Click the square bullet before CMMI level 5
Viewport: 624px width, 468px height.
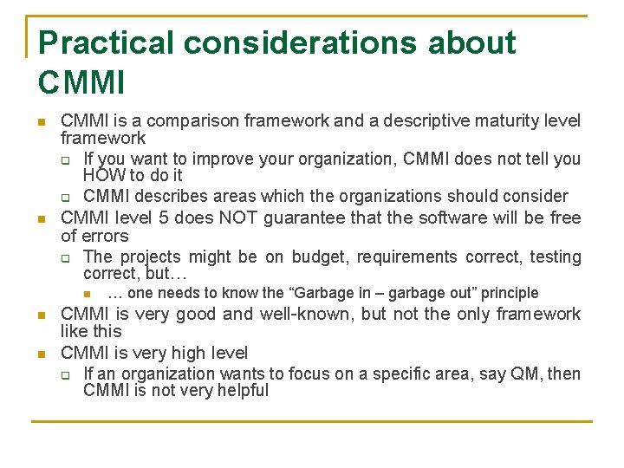coord(41,218)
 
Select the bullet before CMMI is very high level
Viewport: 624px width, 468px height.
coord(41,354)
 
